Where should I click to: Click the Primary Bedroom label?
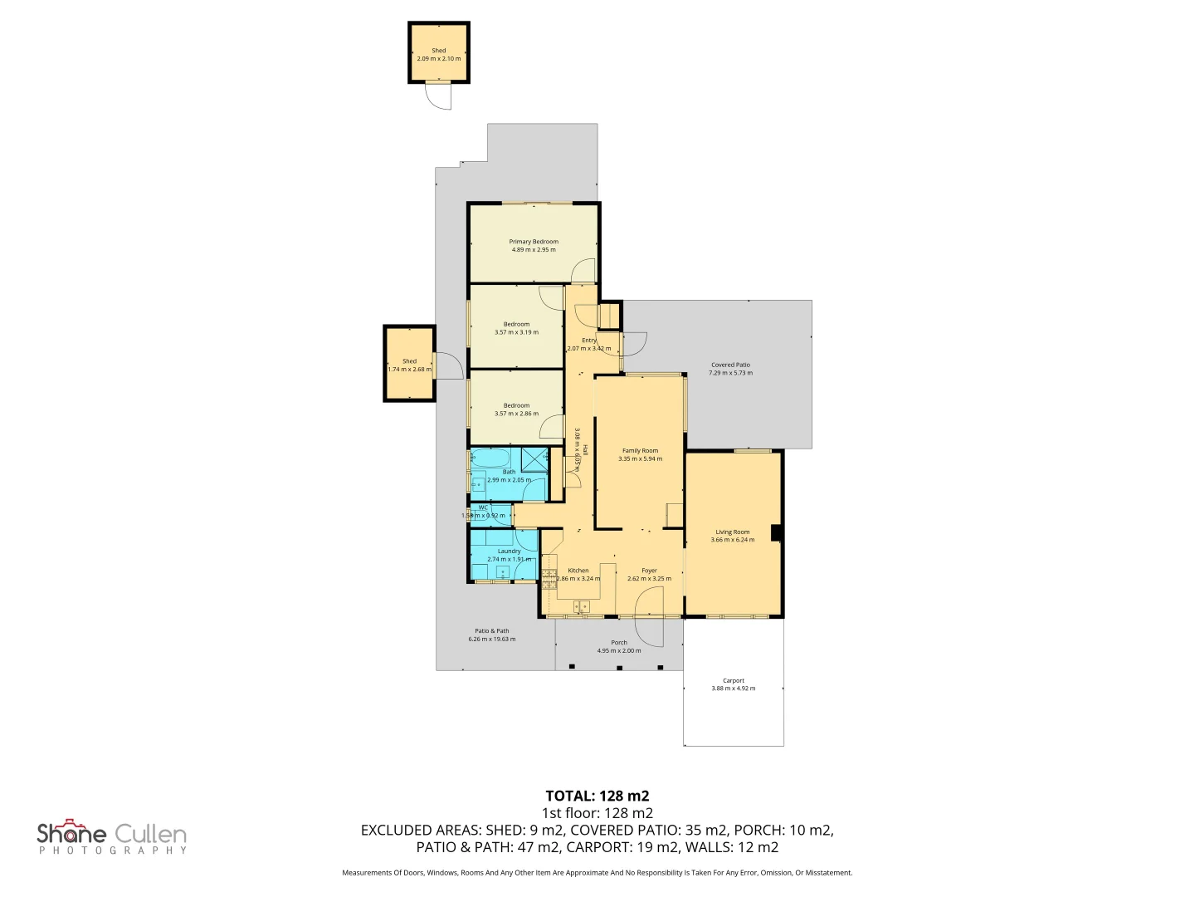[534, 242]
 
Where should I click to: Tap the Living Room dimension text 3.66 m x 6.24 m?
[733, 540]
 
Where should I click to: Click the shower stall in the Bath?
[534, 460]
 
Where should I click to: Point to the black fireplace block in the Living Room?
[776, 533]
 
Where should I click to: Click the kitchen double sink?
[581, 607]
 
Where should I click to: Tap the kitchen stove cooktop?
[549, 578]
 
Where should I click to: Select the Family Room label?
[640, 451]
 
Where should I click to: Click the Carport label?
[734, 680]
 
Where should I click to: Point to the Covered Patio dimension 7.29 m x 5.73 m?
[731, 373]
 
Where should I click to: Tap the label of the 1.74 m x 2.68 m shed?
[409, 361]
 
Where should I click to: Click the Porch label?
[619, 643]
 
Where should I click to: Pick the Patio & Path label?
[492, 631]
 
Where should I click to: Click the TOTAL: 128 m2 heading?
[597, 796]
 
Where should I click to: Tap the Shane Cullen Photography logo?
[112, 836]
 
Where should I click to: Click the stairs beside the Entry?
[610, 316]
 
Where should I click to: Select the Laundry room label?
[509, 551]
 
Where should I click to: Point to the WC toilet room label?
[483, 507]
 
